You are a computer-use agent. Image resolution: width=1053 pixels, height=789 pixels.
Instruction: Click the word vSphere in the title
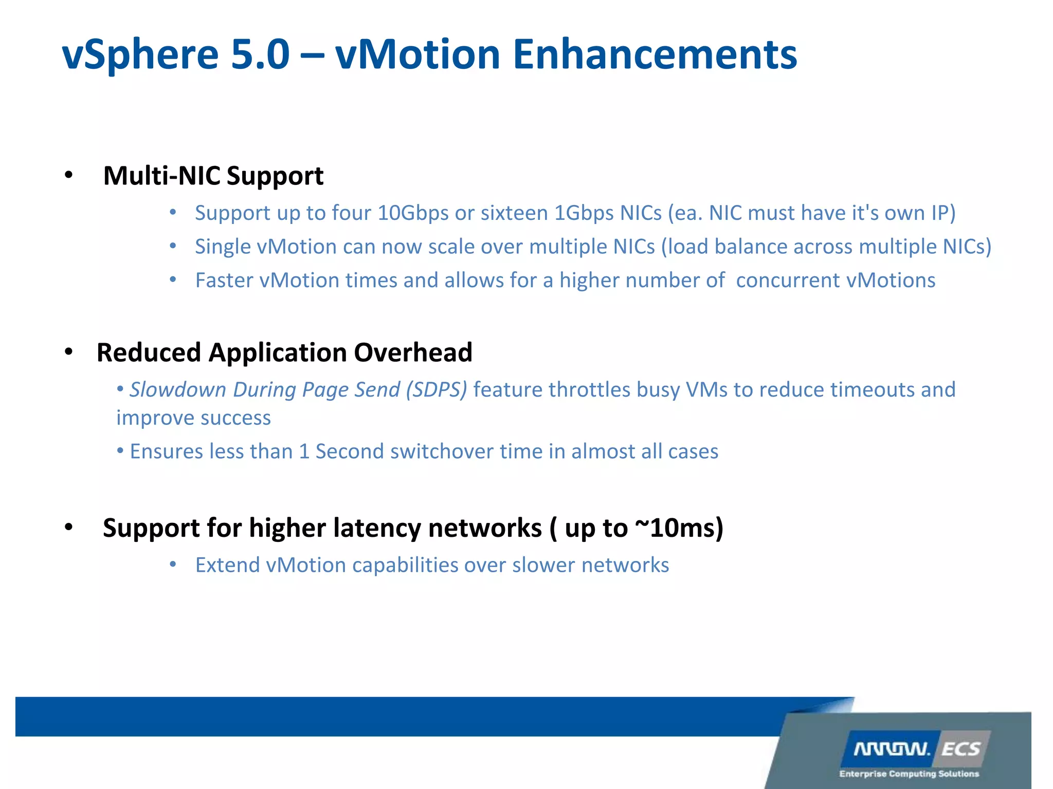pos(140,55)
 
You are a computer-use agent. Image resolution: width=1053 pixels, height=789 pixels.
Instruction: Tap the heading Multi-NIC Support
pos(213,176)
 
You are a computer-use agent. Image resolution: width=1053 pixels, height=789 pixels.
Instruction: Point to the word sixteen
pos(514,213)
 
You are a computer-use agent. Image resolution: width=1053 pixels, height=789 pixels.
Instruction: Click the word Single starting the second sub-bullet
pos(223,247)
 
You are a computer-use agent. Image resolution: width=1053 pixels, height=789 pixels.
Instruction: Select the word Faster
pos(224,280)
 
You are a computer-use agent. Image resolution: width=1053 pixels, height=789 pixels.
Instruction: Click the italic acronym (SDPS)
pos(436,390)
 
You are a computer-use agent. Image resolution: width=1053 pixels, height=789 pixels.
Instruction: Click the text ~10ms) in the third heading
pos(679,528)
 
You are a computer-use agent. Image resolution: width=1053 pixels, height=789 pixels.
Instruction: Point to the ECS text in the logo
pos(960,749)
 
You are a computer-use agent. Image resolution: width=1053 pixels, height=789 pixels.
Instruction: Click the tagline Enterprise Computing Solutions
pos(909,774)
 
